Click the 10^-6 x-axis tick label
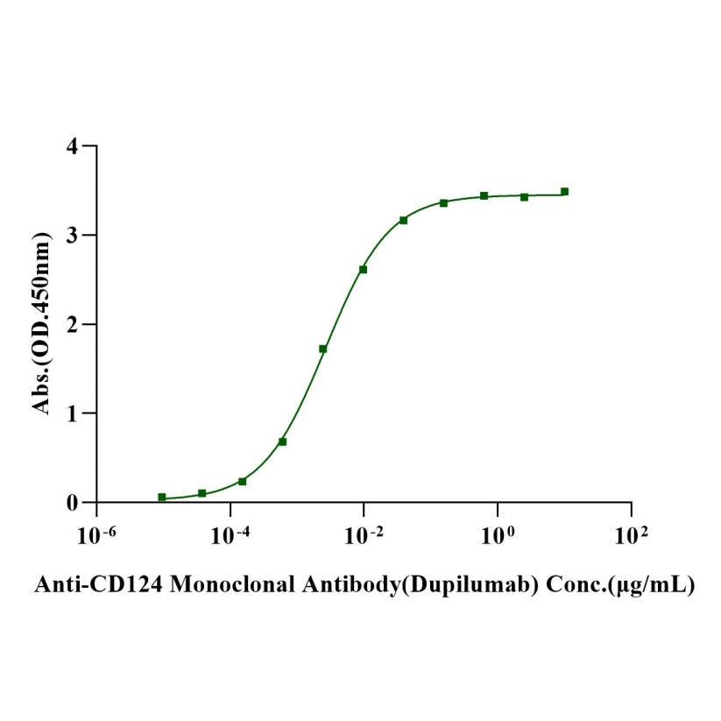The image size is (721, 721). point(95,534)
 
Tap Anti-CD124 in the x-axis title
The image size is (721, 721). point(81,584)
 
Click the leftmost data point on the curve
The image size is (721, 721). point(162,497)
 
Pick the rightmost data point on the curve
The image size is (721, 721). point(564,191)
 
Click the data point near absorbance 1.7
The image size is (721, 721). point(323,349)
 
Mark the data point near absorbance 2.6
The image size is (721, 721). point(363,269)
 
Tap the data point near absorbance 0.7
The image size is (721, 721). point(282,442)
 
